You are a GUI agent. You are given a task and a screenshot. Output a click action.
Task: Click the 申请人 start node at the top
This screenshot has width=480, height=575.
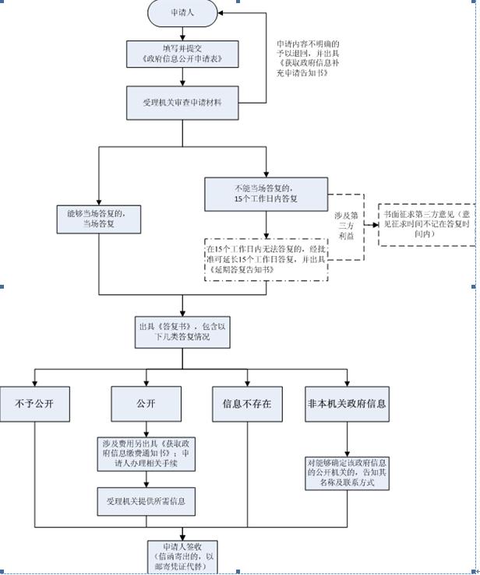tap(183, 12)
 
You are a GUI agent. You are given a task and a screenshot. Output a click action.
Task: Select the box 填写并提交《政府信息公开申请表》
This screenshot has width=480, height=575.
tap(183, 53)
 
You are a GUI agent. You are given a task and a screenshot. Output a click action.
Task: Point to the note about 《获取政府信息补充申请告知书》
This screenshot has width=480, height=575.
tap(308, 58)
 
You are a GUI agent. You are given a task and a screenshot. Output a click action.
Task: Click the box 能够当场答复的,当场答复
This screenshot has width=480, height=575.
tap(98, 219)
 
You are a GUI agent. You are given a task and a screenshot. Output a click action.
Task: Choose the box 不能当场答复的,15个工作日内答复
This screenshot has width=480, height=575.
tap(266, 194)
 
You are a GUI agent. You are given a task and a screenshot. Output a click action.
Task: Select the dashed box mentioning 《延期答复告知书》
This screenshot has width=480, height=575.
tap(266, 256)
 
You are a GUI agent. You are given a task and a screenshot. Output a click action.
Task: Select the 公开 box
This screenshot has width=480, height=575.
tap(146, 405)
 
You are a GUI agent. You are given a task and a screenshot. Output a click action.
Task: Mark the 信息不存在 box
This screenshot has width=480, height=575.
tap(248, 405)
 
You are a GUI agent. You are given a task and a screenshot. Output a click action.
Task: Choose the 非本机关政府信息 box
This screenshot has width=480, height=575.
tap(347, 405)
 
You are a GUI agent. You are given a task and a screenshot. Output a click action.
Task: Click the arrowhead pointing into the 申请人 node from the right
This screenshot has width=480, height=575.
tap(222, 12)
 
